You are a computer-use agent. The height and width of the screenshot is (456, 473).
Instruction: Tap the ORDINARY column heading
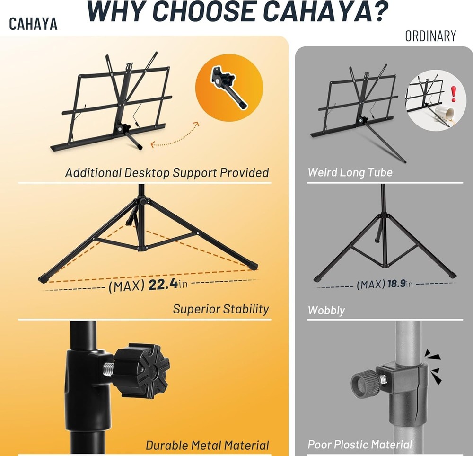[x=430, y=36]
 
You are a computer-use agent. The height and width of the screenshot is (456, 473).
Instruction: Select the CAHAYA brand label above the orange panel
[x=33, y=24]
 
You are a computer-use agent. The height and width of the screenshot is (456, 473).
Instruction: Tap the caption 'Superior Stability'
[x=220, y=309]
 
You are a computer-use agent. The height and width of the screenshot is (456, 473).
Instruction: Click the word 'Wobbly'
[x=326, y=311]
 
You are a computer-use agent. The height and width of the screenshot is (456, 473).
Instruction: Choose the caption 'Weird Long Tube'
[x=350, y=172]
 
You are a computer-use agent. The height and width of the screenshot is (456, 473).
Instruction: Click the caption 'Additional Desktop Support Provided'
[x=166, y=172]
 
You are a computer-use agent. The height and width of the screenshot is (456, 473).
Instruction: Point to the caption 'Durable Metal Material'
[x=207, y=445]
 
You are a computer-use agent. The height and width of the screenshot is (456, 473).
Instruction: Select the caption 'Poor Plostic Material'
[x=360, y=445]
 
